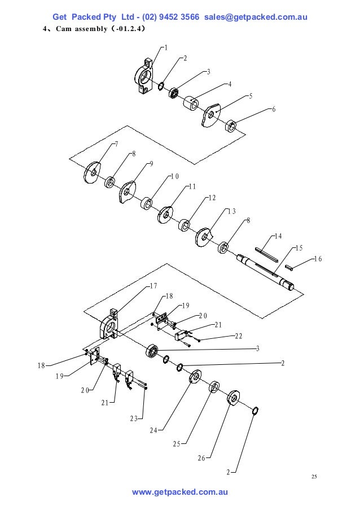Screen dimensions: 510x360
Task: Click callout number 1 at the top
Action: pyautogui.click(x=165, y=47)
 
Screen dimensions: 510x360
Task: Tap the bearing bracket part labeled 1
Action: pyautogui.click(x=146, y=75)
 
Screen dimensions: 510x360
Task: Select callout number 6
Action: pyautogui.click(x=274, y=109)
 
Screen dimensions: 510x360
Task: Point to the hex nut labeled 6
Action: pyautogui.click(x=231, y=125)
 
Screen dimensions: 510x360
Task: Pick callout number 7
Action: pyautogui.click(x=116, y=143)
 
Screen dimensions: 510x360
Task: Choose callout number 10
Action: pyautogui.click(x=175, y=176)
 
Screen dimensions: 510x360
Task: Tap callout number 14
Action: pyautogui.click(x=278, y=236)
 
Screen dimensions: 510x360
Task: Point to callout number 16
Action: pyautogui.click(x=317, y=259)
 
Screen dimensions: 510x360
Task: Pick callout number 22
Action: pyautogui.click(x=238, y=336)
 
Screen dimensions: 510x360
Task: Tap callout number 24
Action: pyautogui.click(x=153, y=430)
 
